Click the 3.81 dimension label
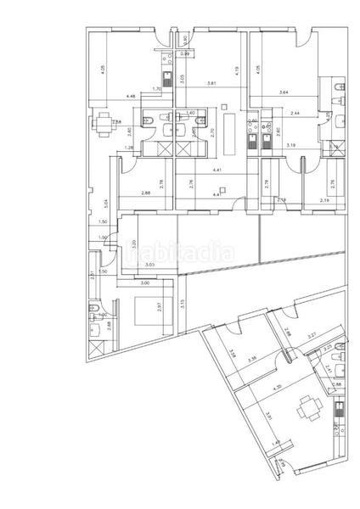213,82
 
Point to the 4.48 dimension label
131,96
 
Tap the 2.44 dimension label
295,112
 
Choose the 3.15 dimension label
183,305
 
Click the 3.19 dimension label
291,147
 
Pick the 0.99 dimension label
184,54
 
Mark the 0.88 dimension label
336,384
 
